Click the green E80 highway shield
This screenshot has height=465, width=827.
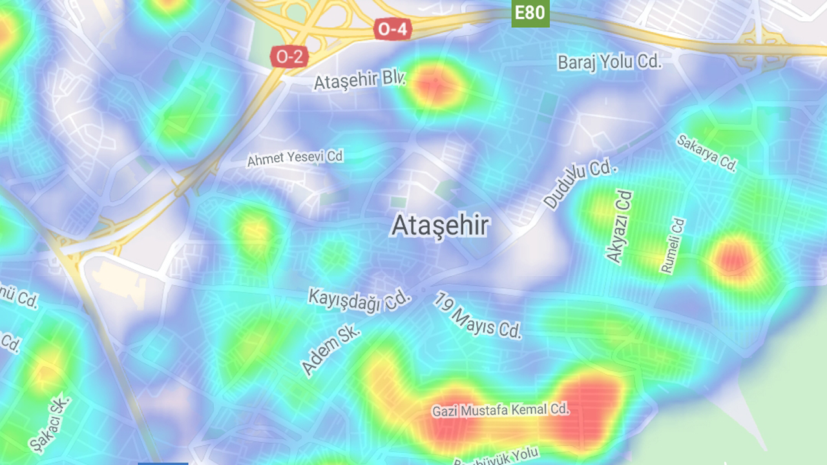(x=530, y=12)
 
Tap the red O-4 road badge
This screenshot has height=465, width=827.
(x=393, y=29)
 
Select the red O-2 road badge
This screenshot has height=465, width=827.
(x=289, y=57)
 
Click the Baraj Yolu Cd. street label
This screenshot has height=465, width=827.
(x=609, y=62)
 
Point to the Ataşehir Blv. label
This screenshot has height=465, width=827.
(x=359, y=81)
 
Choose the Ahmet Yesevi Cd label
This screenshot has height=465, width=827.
(x=295, y=158)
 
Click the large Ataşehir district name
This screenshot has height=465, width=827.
(x=440, y=226)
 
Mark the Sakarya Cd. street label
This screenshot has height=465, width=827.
(x=707, y=153)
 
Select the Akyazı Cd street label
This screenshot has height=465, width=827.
(x=618, y=226)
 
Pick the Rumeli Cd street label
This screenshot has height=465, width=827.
(x=672, y=245)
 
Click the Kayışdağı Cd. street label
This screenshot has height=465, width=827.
(x=359, y=300)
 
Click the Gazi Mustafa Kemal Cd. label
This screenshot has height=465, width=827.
(x=501, y=409)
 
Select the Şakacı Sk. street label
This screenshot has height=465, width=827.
(x=49, y=424)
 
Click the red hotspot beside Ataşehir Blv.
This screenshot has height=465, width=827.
(x=435, y=85)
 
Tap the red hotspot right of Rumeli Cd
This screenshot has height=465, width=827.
(x=733, y=256)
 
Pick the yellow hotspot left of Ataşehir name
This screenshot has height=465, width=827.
(x=254, y=230)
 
